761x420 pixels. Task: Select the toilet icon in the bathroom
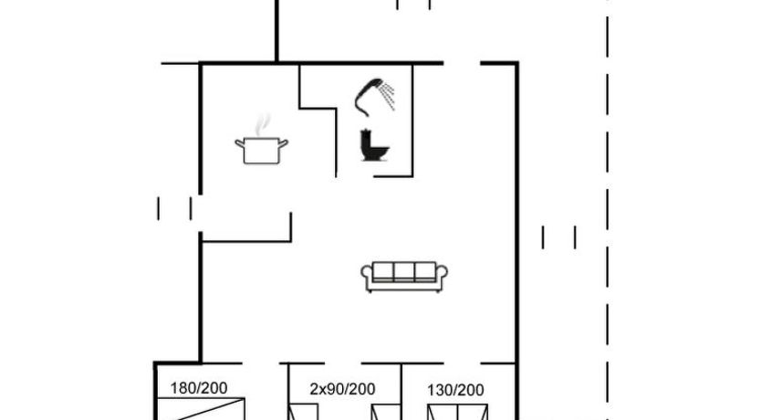[375, 144]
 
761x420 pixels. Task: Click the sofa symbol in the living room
[404, 277]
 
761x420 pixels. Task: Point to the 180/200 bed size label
[199, 388]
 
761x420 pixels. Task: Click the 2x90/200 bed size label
[342, 389]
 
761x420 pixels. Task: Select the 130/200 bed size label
[455, 390]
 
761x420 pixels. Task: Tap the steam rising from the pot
[263, 125]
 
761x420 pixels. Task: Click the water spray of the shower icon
[387, 96]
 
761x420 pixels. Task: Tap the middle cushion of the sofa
[404, 271]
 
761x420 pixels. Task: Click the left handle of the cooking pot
[239, 143]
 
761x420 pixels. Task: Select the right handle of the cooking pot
[284, 143]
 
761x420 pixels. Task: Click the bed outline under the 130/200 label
[458, 413]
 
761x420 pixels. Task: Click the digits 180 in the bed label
[182, 388]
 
